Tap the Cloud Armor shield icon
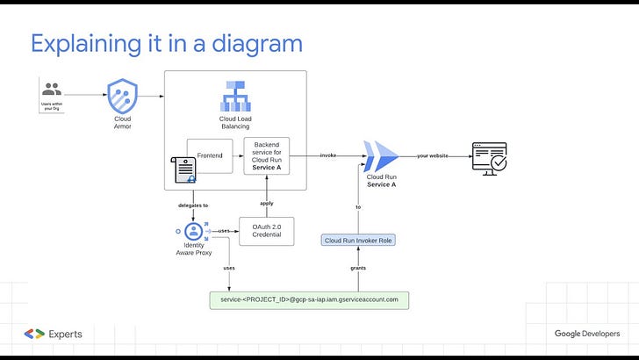(x=122, y=94)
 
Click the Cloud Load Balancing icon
(x=234, y=96)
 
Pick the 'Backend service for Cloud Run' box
(x=267, y=155)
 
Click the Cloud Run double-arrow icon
(x=381, y=157)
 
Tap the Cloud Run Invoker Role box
(x=358, y=240)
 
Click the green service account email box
(x=310, y=299)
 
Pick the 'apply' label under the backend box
(x=267, y=203)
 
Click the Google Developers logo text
(x=586, y=334)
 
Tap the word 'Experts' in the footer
(x=67, y=334)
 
